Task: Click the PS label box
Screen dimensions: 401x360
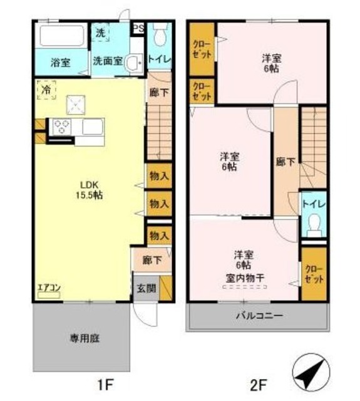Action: [x=138, y=29]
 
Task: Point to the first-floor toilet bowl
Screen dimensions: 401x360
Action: [x=160, y=34]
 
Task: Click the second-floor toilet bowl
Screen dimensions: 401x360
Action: [x=313, y=224]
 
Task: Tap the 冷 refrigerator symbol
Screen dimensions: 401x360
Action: [x=46, y=90]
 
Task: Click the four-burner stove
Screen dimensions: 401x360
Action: [x=61, y=127]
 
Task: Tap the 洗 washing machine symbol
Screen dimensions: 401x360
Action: [x=101, y=33]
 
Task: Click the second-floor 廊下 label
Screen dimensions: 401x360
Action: [x=285, y=161]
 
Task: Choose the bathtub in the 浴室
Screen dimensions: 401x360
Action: [x=61, y=36]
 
